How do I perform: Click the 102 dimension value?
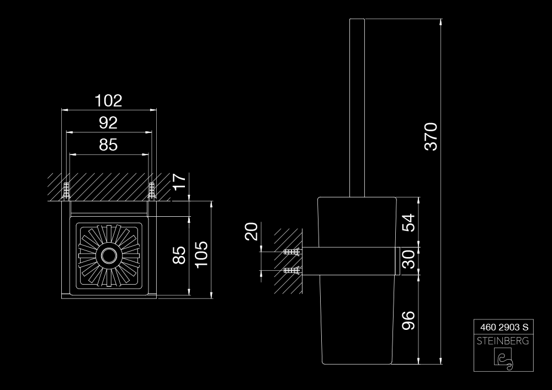[x=108, y=100]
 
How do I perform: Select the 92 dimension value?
[x=108, y=122]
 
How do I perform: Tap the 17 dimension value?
[x=181, y=181]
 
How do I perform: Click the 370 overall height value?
[x=431, y=136]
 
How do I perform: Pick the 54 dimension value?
[x=408, y=223]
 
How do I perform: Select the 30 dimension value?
[x=408, y=259]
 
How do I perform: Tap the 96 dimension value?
[x=408, y=320]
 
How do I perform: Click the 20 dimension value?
[x=251, y=231]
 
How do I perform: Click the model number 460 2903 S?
[x=504, y=328]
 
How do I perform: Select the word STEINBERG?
[x=503, y=341]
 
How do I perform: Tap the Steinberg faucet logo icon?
[x=504, y=359]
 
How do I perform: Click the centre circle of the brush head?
[x=109, y=255]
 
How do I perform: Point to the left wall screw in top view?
[x=66, y=190]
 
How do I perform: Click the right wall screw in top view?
[x=152, y=190]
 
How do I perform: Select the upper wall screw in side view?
[x=292, y=252]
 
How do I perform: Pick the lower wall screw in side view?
[x=292, y=270]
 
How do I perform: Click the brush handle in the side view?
[x=357, y=108]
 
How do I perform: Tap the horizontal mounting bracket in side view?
[x=351, y=261]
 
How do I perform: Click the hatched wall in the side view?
[x=288, y=261]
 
